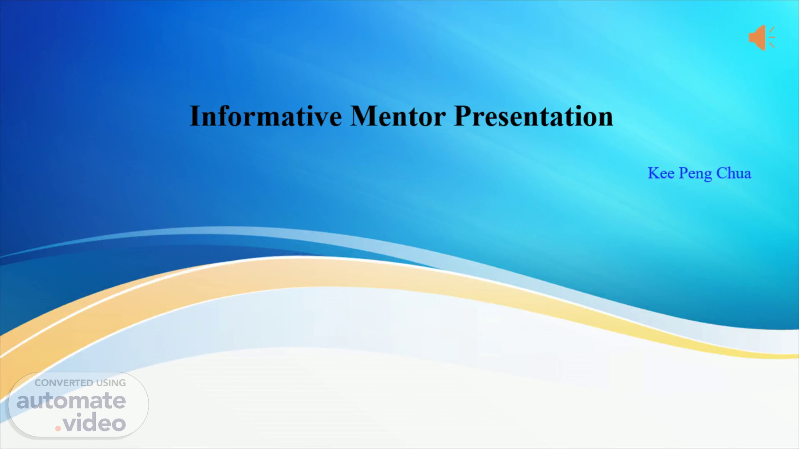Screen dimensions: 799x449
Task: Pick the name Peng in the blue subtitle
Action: point(695,174)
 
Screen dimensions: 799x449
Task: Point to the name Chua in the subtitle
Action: point(734,173)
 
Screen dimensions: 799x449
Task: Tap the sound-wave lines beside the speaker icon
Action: point(772,37)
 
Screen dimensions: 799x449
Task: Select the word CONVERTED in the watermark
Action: point(64,383)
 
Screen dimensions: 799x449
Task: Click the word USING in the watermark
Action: point(111,383)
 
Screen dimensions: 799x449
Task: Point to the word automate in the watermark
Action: point(71,401)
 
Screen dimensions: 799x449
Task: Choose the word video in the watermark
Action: point(94,423)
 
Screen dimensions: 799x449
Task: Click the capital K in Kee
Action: point(653,173)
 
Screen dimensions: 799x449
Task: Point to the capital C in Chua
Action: point(722,173)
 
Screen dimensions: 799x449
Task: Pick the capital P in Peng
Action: point(683,173)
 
